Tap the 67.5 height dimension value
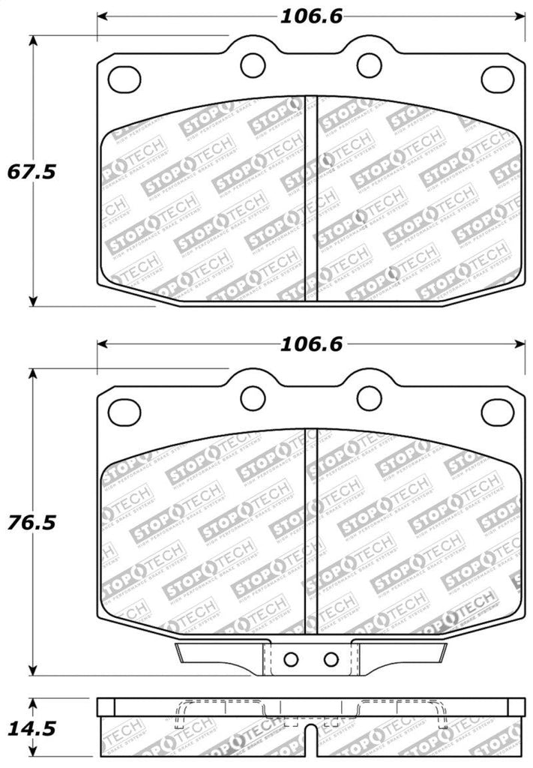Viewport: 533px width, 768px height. [32, 172]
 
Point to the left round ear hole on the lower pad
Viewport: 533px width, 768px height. [253, 397]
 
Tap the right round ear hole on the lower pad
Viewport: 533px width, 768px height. [367, 397]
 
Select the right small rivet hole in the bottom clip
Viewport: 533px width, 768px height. [331, 659]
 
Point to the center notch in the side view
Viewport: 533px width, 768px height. [311, 755]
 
